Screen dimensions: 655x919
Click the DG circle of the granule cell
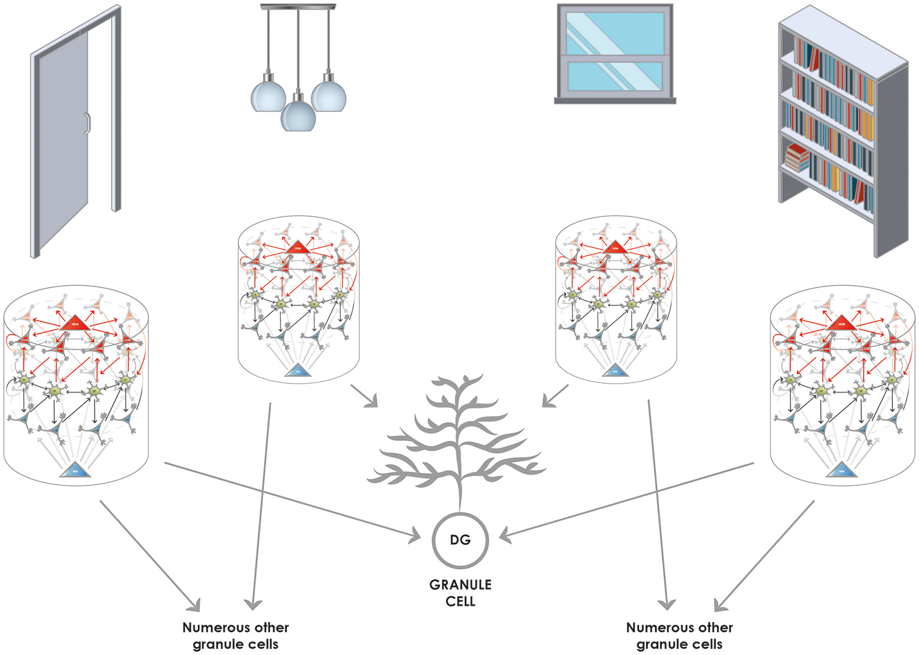460,540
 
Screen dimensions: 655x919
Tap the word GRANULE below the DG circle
460,584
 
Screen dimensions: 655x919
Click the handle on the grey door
88,123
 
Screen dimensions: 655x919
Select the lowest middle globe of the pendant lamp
298,116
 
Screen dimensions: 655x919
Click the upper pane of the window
615,33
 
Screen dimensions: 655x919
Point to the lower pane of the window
615,76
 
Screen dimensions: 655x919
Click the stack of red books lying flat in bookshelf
797,157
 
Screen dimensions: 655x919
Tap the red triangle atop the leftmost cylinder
75,324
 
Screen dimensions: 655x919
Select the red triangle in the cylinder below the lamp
298,248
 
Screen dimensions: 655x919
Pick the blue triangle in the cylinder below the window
615,371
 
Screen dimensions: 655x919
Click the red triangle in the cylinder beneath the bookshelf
841,324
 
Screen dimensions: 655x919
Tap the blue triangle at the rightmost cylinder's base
841,471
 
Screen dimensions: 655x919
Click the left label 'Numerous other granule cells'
235,635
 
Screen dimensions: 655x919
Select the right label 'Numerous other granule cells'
679,635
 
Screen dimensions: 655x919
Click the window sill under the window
615,101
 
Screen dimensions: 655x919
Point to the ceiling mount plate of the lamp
298,7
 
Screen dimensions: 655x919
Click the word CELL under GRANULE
460,601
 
